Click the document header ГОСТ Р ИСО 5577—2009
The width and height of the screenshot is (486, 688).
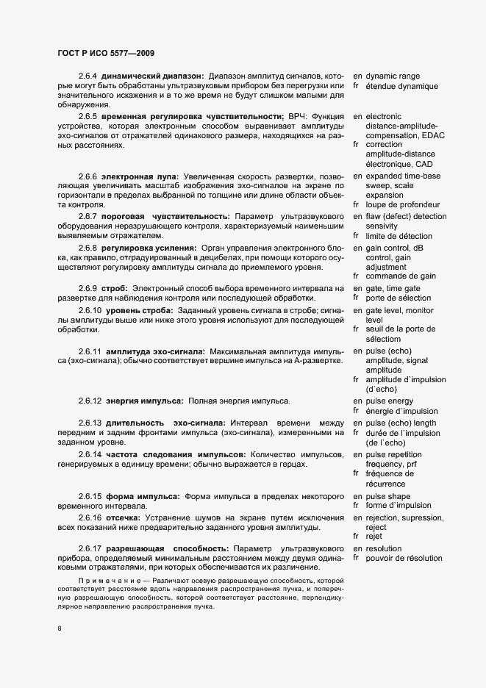tap(105, 53)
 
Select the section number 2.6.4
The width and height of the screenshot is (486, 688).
tap(87, 76)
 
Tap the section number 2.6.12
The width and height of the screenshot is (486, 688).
tap(90, 401)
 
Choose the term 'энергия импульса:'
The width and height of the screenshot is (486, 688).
tap(146, 401)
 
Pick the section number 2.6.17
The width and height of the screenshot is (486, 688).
tap(90, 549)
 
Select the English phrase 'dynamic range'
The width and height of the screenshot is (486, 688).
tap(393, 76)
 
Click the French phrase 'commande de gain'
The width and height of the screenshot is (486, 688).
tap(400, 276)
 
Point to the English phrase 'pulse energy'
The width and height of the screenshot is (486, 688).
tap(390, 401)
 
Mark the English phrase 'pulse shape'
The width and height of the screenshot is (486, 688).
tap(389, 497)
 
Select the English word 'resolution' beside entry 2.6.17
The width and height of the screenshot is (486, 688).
tap(384, 549)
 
